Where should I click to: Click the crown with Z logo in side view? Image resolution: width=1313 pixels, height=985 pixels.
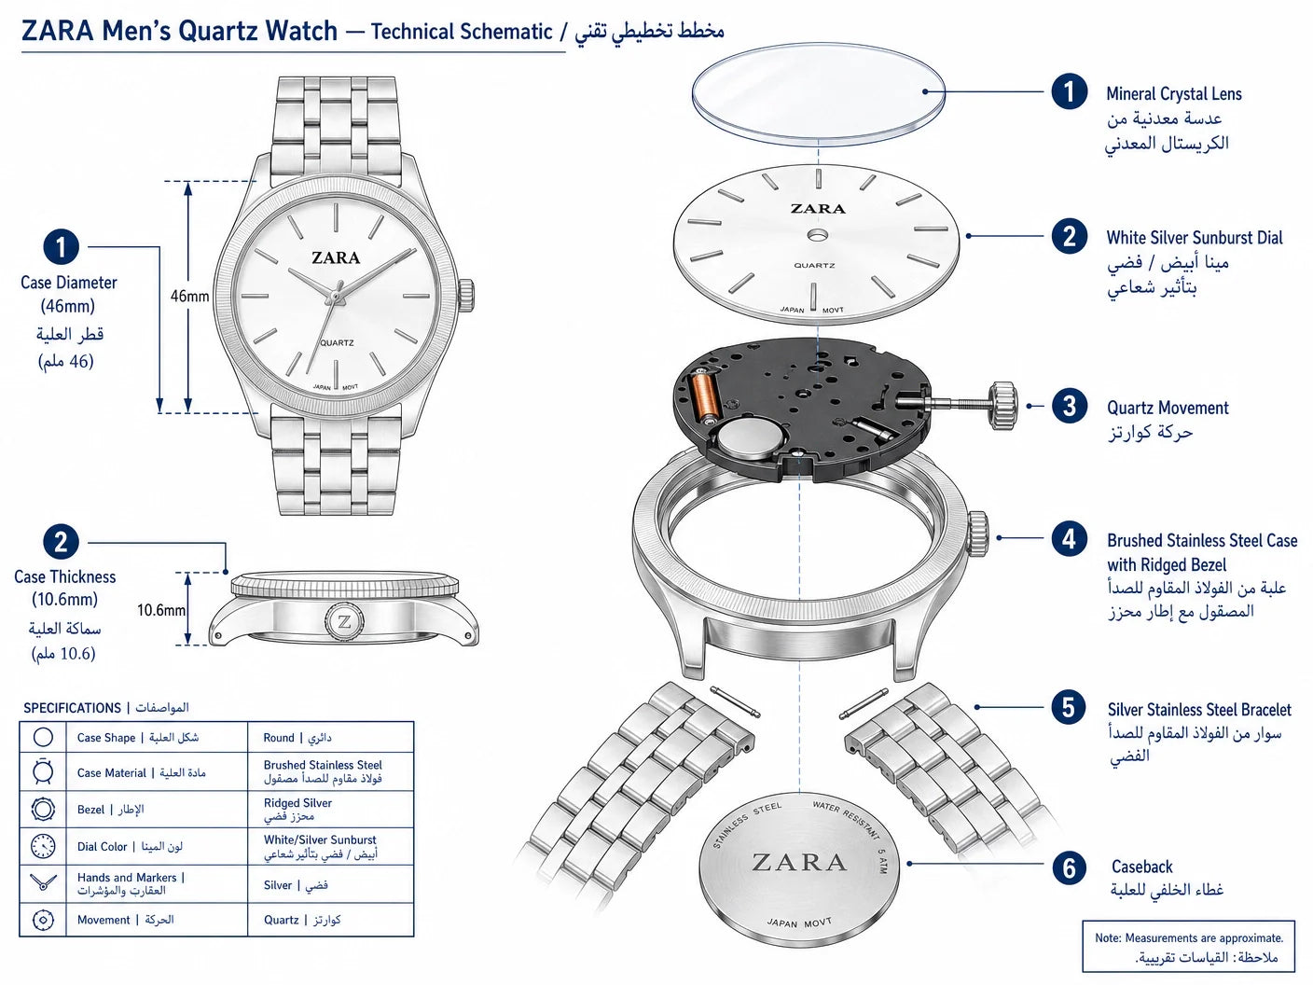coord(344,622)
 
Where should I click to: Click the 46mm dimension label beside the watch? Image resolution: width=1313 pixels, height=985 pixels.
coord(189,296)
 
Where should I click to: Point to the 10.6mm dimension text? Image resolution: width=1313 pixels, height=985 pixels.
coord(161,610)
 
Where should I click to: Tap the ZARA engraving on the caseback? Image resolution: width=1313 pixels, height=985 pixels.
coord(799,862)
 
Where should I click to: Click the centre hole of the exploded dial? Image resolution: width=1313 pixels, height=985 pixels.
coord(817,234)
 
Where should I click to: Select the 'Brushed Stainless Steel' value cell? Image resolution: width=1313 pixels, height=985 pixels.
coord(323,771)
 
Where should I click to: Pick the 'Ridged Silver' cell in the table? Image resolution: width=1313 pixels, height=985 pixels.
coord(297,809)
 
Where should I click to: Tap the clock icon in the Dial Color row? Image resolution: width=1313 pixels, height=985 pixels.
coord(43,846)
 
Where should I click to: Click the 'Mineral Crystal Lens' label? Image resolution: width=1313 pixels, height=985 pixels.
coord(1174,94)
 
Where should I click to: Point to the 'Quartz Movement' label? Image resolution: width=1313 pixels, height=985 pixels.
coord(1168,408)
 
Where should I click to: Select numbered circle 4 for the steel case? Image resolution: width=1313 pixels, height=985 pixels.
coord(1069,538)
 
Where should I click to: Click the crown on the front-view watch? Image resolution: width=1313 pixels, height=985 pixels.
coord(466,295)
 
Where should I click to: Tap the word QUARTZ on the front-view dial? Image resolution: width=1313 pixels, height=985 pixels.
coord(337,342)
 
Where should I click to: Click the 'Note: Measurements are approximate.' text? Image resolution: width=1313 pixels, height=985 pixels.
coord(1189,937)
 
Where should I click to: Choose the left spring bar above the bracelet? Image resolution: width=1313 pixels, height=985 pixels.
coord(735,702)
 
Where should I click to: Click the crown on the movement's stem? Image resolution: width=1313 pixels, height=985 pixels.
coord(1003,405)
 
